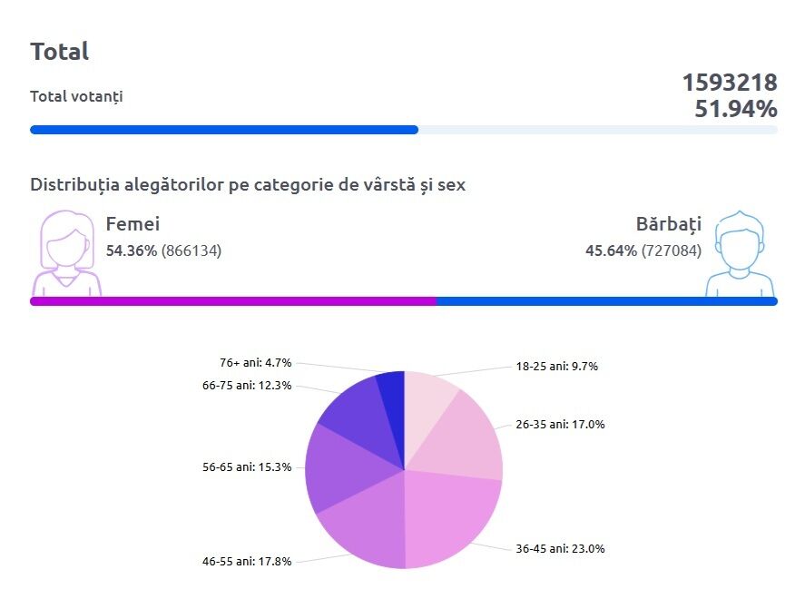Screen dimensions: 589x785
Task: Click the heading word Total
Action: [x=60, y=52]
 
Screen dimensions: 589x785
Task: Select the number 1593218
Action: [x=730, y=83]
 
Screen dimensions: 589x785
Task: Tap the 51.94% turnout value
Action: [x=736, y=110]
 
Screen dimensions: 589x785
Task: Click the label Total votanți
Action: [x=76, y=96]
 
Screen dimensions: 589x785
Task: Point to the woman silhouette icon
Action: [x=66, y=254]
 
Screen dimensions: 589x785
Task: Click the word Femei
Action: [x=132, y=224]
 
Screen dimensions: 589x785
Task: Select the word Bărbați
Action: [x=669, y=224]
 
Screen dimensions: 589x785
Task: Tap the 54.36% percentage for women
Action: [x=132, y=250]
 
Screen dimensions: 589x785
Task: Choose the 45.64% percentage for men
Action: [x=611, y=250]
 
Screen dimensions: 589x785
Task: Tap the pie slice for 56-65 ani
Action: [x=345, y=467]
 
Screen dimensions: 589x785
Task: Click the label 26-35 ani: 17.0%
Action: [x=560, y=424]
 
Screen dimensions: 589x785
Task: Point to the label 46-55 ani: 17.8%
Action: [x=247, y=561]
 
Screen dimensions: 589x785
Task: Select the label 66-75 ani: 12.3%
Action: [x=247, y=386]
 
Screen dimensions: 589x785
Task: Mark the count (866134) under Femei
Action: [x=191, y=250]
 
